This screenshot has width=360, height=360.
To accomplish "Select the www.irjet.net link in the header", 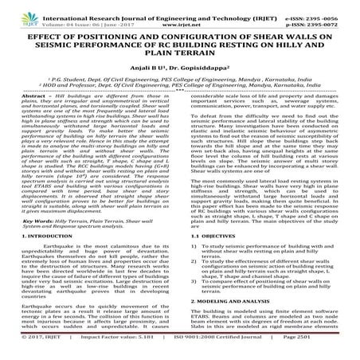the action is (179, 15).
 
